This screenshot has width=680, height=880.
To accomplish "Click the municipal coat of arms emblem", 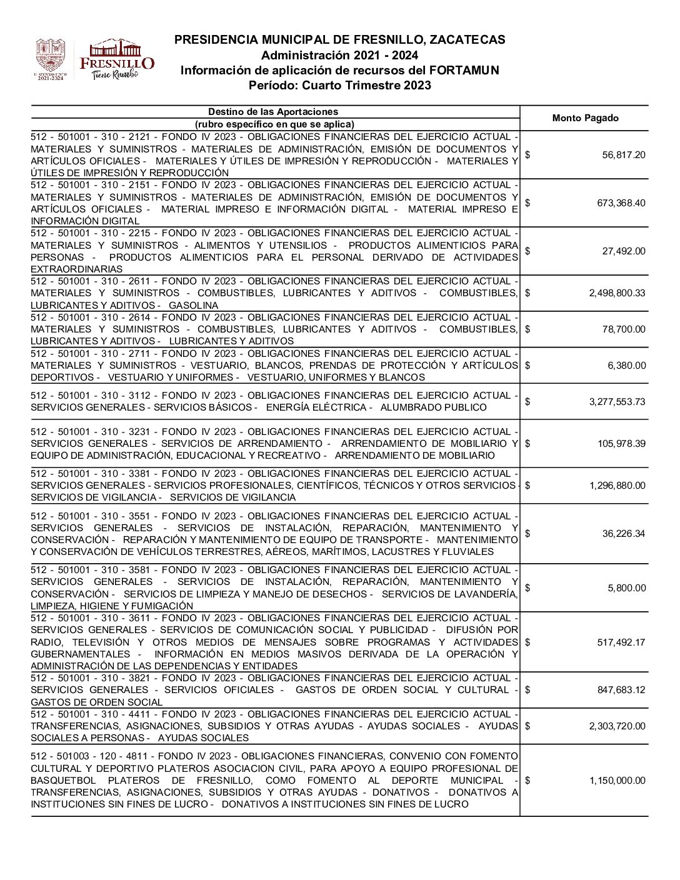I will [50, 59].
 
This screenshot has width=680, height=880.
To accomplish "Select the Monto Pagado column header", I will [585, 118].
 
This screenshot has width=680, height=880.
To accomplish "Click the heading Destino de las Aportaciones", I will [273, 112].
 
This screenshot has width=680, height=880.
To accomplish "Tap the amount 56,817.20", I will [624, 155].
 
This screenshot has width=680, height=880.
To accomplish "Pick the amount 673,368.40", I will [621, 203].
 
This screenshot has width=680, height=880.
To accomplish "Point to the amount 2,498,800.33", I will [617, 292].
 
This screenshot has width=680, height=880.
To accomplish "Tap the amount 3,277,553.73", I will [617, 401].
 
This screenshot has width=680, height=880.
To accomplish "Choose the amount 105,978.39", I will [621, 444].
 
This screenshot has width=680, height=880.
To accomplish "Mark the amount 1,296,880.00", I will [617, 486].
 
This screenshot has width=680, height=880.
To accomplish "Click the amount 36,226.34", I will [624, 534].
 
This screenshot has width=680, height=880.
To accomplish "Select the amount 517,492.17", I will [621, 642].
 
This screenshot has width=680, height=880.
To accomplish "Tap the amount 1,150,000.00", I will [617, 781].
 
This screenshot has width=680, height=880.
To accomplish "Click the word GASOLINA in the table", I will [194, 306].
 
